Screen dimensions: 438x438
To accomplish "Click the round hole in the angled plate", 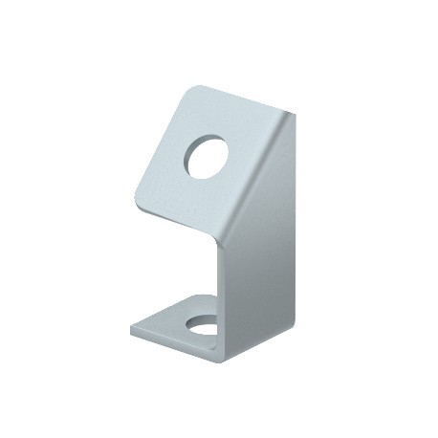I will [208, 157].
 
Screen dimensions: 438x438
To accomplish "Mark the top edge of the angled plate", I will [239, 102].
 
